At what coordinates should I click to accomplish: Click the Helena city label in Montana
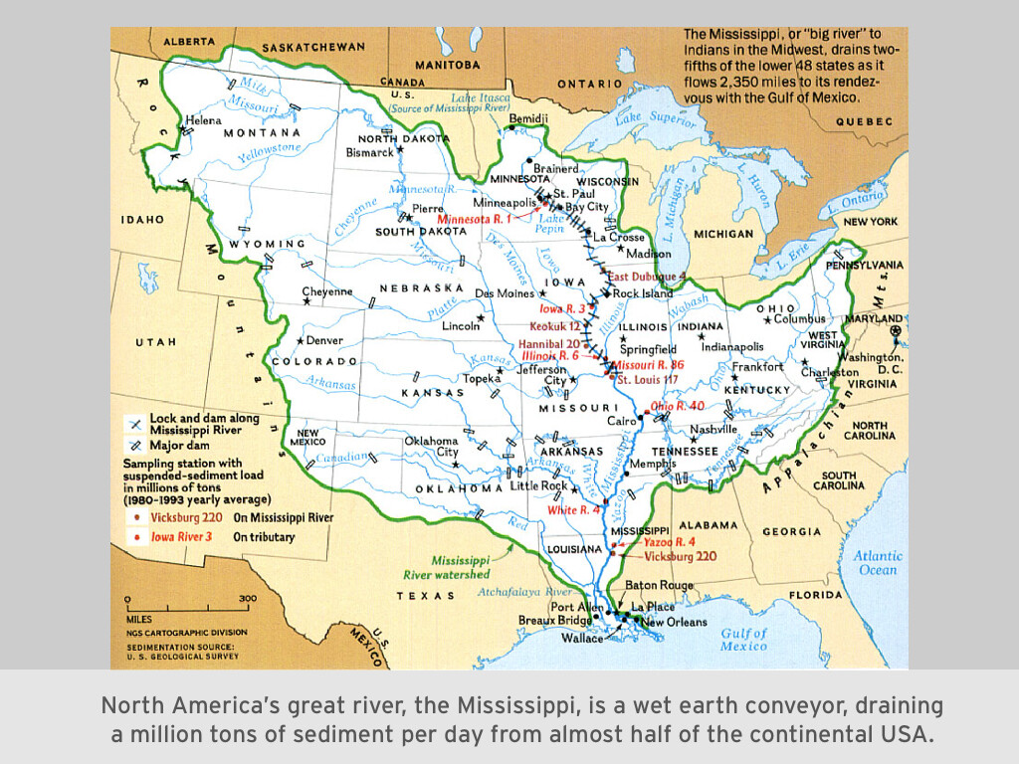(205, 120)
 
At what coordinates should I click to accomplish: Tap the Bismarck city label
(369, 153)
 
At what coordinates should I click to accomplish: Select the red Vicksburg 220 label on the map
(680, 556)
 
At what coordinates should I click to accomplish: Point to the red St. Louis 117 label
(647, 380)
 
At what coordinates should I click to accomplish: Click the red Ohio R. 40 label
(677, 406)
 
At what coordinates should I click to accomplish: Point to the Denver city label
(323, 340)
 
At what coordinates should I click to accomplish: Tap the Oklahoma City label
(431, 447)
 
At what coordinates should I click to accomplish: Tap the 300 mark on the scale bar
(247, 599)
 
